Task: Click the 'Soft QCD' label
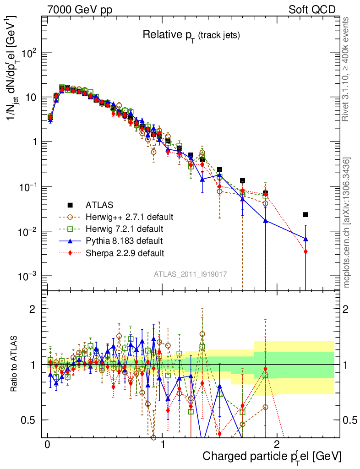tap(312, 10)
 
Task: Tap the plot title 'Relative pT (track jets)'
tap(191, 35)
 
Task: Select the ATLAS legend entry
tap(99, 205)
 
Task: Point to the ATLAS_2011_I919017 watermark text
tap(190, 274)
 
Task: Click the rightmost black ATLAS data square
tap(305, 214)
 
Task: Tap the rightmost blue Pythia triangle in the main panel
tap(305, 239)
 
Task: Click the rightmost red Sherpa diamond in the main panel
tap(305, 251)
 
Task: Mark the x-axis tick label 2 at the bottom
tap(277, 445)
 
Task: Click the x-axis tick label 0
tap(47, 445)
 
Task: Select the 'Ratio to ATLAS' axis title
tap(15, 364)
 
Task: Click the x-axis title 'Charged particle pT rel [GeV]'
tap(272, 457)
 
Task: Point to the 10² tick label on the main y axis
tap(29, 53)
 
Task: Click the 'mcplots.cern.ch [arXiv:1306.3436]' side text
tap(347, 223)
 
